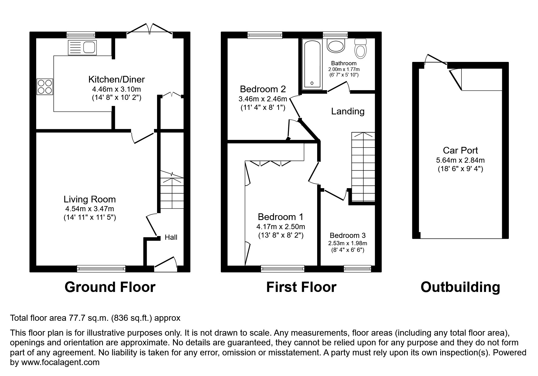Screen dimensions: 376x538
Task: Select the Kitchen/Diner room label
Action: point(116,80)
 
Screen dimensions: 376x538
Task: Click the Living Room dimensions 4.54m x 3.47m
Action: point(90,209)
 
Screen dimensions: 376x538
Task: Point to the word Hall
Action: point(171,237)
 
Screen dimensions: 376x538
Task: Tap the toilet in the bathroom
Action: point(361,49)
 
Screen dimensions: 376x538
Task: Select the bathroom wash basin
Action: point(336,46)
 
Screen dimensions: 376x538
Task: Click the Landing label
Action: point(348,111)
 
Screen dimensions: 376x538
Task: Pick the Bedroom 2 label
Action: point(263,89)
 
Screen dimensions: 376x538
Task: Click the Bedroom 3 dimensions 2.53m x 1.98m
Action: point(348,243)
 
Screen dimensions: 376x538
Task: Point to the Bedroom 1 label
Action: point(280,217)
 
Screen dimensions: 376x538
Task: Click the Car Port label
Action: point(460,151)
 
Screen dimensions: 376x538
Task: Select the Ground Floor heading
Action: point(110,287)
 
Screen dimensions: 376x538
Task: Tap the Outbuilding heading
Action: point(460,287)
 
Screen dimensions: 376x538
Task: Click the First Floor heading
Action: point(301,287)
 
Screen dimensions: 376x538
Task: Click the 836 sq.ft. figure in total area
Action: point(132,318)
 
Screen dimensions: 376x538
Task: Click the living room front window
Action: point(101,268)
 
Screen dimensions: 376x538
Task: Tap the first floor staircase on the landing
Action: point(363,167)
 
